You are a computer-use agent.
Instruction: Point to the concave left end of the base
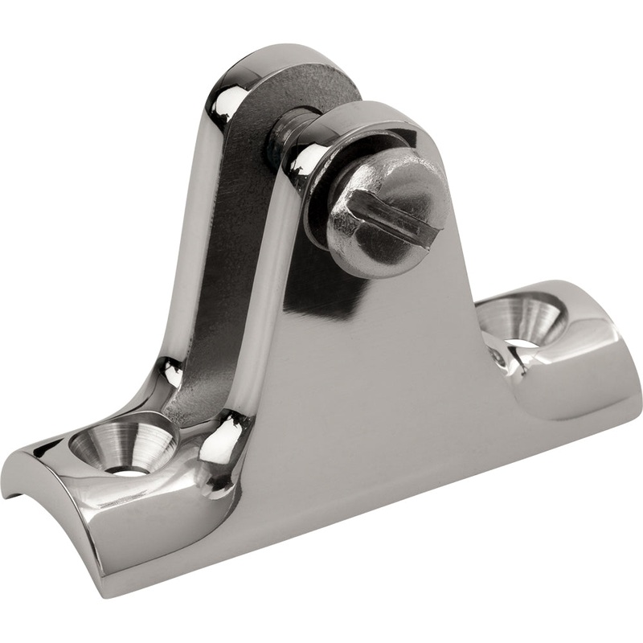point(32,474)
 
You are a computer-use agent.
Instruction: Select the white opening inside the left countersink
point(129,469)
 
